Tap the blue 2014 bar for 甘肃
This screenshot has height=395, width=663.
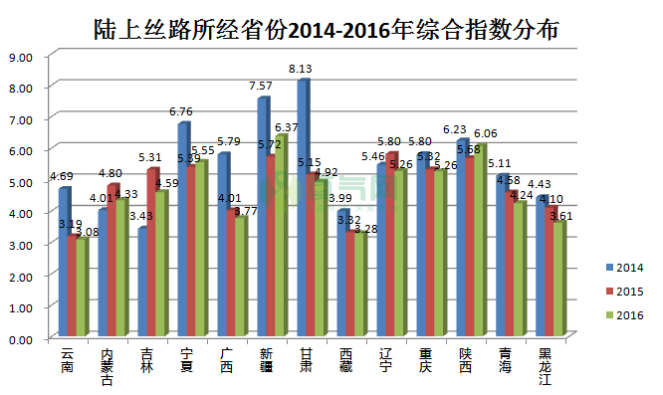point(303,209)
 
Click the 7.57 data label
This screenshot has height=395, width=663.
point(260,87)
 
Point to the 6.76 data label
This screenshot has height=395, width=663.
point(180,111)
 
